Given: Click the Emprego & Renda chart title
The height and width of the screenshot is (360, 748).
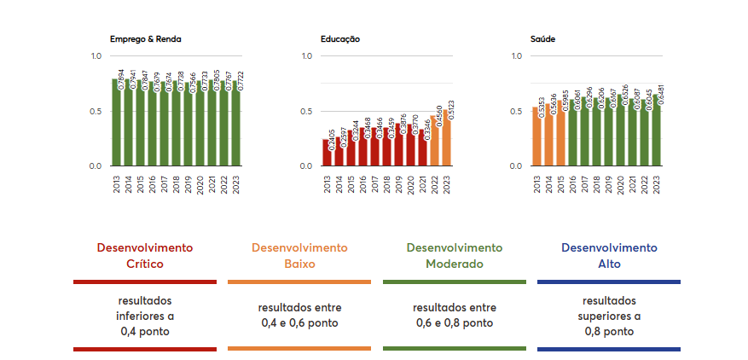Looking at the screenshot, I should pyautogui.click(x=145, y=39).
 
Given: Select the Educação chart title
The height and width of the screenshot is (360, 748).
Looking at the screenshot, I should pyautogui.click(x=340, y=39).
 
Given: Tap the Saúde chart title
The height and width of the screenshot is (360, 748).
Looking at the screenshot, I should pyautogui.click(x=543, y=39).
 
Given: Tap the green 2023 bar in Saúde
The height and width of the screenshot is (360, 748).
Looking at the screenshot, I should pyautogui.click(x=655, y=132).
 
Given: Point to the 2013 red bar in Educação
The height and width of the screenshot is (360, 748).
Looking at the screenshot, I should pyautogui.click(x=325, y=154).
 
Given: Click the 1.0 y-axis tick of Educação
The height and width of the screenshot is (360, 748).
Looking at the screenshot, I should pyautogui.click(x=307, y=56).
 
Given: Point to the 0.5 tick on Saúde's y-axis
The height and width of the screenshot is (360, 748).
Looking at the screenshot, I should pyautogui.click(x=516, y=111).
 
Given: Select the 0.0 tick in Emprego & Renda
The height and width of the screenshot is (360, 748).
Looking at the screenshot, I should pyautogui.click(x=96, y=165).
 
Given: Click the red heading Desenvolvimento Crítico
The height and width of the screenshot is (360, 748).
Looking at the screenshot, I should pyautogui.click(x=145, y=255).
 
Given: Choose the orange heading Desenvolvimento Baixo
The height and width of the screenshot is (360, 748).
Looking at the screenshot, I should pyautogui.click(x=299, y=255).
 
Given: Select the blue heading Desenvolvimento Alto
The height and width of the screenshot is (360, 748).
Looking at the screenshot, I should pyautogui.click(x=609, y=255).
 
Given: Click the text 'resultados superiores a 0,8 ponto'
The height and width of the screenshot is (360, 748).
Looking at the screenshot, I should pyautogui.click(x=609, y=316).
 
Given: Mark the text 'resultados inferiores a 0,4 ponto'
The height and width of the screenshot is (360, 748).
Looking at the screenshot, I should pyautogui.click(x=145, y=316).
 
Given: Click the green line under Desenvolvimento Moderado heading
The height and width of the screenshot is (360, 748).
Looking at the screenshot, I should pyautogui.click(x=454, y=282).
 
